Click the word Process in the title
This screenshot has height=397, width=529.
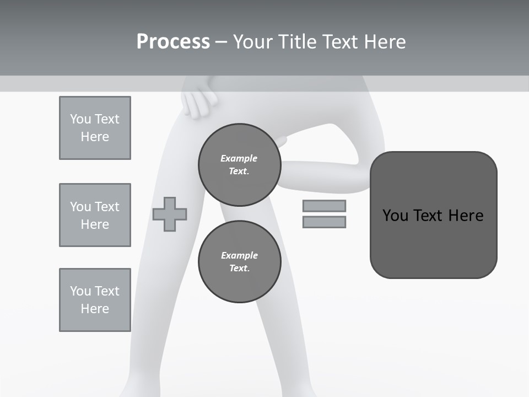coord(173,42)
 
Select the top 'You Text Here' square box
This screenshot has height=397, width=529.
coord(95,128)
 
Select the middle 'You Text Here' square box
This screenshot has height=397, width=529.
coord(95,215)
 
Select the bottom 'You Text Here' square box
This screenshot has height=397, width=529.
coord(95,300)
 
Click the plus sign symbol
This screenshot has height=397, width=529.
coord(170,214)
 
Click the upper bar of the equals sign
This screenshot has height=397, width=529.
coord(324,206)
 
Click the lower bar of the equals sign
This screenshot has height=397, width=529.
coord(324,222)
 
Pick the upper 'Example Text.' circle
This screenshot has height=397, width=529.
coord(239,164)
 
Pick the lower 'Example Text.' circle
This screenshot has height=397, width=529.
coord(239,261)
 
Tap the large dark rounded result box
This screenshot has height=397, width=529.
coord(433,243)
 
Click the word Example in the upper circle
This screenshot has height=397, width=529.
coord(239,158)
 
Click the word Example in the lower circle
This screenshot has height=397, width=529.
coord(239,255)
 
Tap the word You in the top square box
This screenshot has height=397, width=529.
coord(80,119)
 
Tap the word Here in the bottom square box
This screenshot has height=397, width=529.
coord(95,309)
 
